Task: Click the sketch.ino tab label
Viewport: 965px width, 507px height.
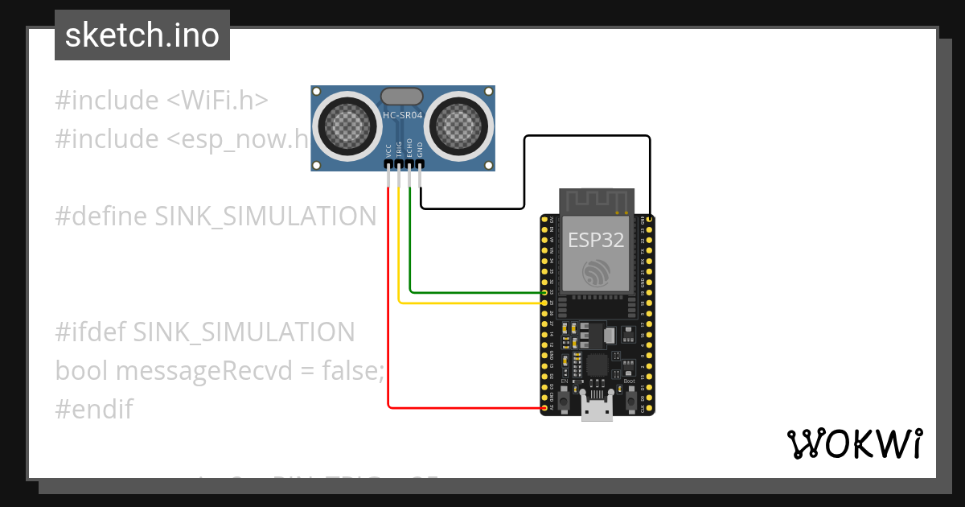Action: click(x=142, y=35)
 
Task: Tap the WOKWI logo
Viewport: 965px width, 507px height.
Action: click(x=854, y=443)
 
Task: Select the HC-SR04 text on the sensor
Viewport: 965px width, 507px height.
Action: click(x=403, y=116)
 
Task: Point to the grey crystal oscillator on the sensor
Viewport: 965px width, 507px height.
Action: click(x=401, y=97)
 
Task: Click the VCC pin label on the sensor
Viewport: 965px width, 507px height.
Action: click(x=388, y=150)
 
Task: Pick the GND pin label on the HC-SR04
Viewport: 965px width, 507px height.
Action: click(x=419, y=150)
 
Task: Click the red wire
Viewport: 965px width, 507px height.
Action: click(x=389, y=322)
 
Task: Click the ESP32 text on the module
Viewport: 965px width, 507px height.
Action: click(x=596, y=240)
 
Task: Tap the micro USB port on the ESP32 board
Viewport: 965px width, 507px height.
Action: click(x=596, y=410)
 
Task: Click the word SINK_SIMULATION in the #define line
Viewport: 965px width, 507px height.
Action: click(x=265, y=216)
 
